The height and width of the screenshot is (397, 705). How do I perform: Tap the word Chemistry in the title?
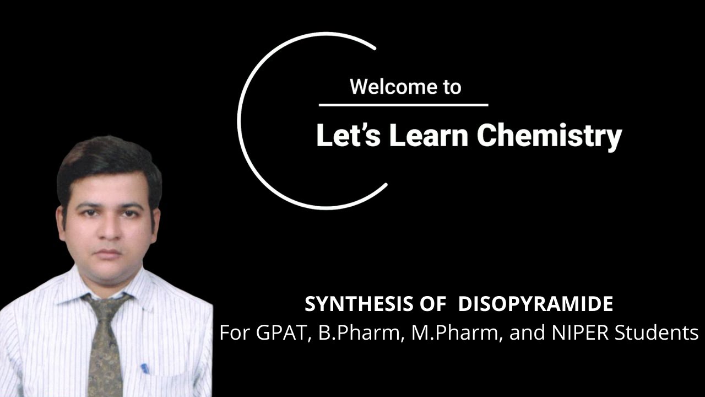(x=549, y=135)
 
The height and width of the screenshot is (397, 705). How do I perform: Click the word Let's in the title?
(x=349, y=135)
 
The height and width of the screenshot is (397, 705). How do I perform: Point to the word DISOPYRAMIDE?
(x=535, y=304)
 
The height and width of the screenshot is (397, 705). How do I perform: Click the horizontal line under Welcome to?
(x=403, y=105)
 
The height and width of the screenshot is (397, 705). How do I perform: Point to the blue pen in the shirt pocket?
(x=145, y=368)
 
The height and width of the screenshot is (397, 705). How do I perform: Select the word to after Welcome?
(x=450, y=87)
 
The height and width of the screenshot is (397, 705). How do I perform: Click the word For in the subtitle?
(x=235, y=333)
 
